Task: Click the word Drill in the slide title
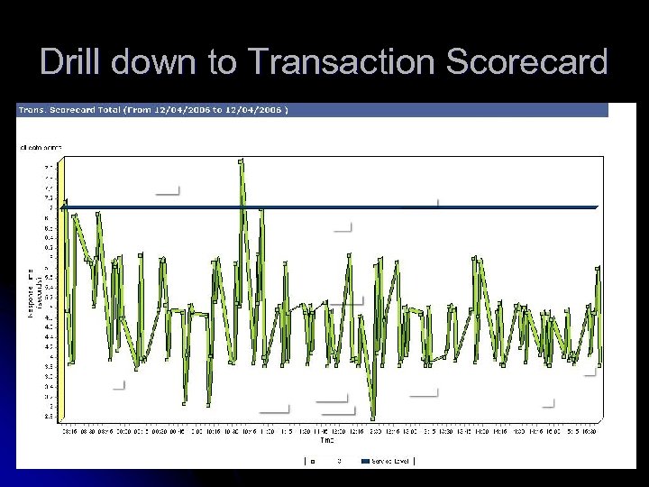pyautogui.click(x=73, y=61)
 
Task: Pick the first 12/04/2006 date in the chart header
pyautogui.click(x=183, y=110)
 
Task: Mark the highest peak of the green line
pyautogui.click(x=241, y=161)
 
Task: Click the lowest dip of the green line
pyautogui.click(x=373, y=418)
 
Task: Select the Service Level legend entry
pyautogui.click(x=390, y=461)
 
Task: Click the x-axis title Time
pyautogui.click(x=326, y=441)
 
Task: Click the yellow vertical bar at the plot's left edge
pyautogui.click(x=62, y=289)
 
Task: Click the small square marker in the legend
pyautogui.click(x=313, y=461)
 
